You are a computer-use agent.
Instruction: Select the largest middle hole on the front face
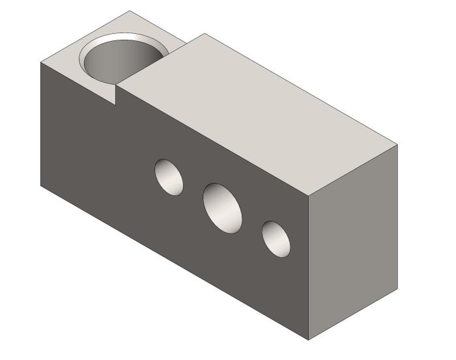[222, 207]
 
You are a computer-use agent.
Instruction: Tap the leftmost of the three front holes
[168, 176]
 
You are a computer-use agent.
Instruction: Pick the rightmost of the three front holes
[276, 238]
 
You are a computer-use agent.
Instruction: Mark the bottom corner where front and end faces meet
[308, 340]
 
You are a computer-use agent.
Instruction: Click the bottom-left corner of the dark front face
[40, 186]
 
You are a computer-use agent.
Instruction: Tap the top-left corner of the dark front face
[40, 64]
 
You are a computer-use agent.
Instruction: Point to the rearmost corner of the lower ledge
[130, 11]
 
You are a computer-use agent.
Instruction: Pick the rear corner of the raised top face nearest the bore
[205, 34]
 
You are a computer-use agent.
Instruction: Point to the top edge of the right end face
[352, 171]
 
